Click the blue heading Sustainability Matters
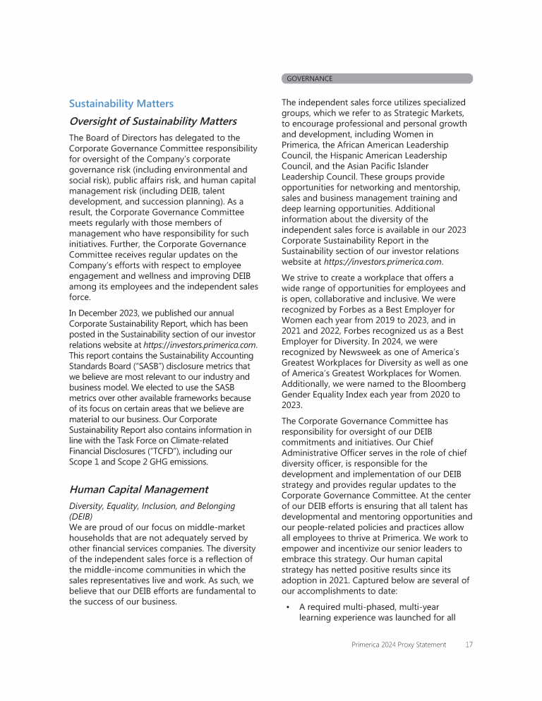tap(121, 104)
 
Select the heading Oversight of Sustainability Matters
tap(152, 121)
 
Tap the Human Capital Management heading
tap(138, 489)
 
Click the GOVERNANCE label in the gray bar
tap(309, 78)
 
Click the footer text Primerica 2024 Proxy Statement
tap(399, 645)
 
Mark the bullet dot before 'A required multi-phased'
tap(288, 606)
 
